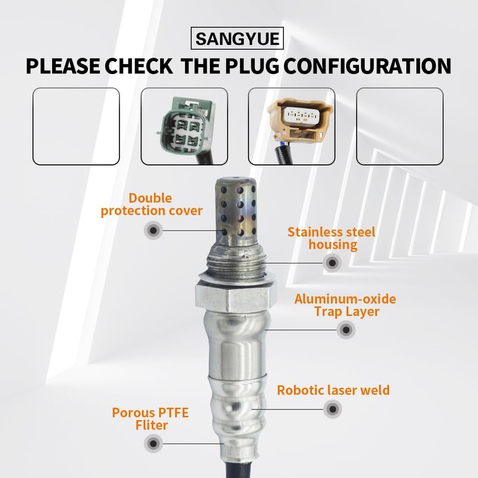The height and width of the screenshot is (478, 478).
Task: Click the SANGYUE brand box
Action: pyautogui.click(x=238, y=40)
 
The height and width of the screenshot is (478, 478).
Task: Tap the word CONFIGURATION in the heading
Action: pyautogui.click(x=366, y=66)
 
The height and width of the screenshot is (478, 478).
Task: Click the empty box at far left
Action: pyautogui.click(x=76, y=126)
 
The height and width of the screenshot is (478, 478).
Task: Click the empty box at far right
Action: pyautogui.click(x=399, y=126)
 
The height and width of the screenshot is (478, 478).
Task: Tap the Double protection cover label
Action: pyautogui.click(x=152, y=204)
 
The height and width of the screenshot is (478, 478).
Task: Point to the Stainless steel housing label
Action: pyautogui.click(x=331, y=238)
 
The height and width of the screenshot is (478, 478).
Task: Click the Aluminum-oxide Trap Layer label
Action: pyautogui.click(x=345, y=305)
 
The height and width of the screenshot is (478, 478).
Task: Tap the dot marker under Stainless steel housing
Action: pyautogui.click(x=332, y=262)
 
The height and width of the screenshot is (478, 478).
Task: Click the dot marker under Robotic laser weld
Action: pyautogui.click(x=333, y=409)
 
